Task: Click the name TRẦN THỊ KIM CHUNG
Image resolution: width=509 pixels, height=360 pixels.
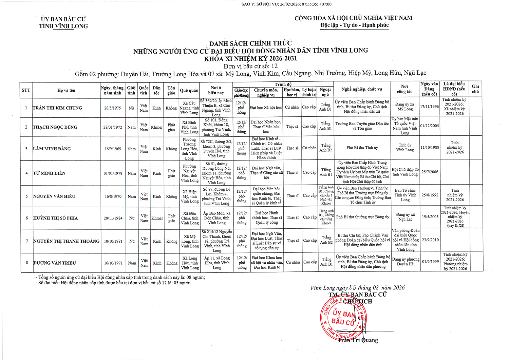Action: (x=57, y=108)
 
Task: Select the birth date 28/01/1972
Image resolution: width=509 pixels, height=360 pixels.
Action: (x=113, y=127)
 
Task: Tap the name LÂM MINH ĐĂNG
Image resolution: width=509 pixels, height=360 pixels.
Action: (x=52, y=149)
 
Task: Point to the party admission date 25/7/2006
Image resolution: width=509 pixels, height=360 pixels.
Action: (x=430, y=172)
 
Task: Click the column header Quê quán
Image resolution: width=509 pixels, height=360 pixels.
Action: (x=189, y=90)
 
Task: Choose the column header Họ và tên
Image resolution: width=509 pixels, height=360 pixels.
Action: (x=66, y=90)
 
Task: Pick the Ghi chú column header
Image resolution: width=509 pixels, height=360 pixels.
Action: (x=475, y=89)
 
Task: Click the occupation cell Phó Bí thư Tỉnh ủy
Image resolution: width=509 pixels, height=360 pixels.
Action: (x=362, y=148)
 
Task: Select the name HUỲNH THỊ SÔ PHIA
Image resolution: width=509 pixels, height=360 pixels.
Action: (x=55, y=218)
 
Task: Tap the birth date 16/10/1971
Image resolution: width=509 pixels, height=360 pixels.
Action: (x=113, y=263)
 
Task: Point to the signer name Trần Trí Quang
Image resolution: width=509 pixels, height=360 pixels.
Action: (x=358, y=340)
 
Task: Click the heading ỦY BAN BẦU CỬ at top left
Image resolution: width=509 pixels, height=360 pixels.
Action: (x=63, y=19)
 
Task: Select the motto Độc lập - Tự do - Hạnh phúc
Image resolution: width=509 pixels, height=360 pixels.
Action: (x=354, y=25)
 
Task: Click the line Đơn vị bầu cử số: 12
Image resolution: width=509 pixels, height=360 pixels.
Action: (x=250, y=66)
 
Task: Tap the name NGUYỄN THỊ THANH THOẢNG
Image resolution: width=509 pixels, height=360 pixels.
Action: (x=66, y=241)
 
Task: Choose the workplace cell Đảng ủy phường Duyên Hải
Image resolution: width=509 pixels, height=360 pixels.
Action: (x=406, y=262)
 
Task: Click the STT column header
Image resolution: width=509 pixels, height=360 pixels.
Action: (x=26, y=90)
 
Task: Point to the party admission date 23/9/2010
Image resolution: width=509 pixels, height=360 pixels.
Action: (x=430, y=240)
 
